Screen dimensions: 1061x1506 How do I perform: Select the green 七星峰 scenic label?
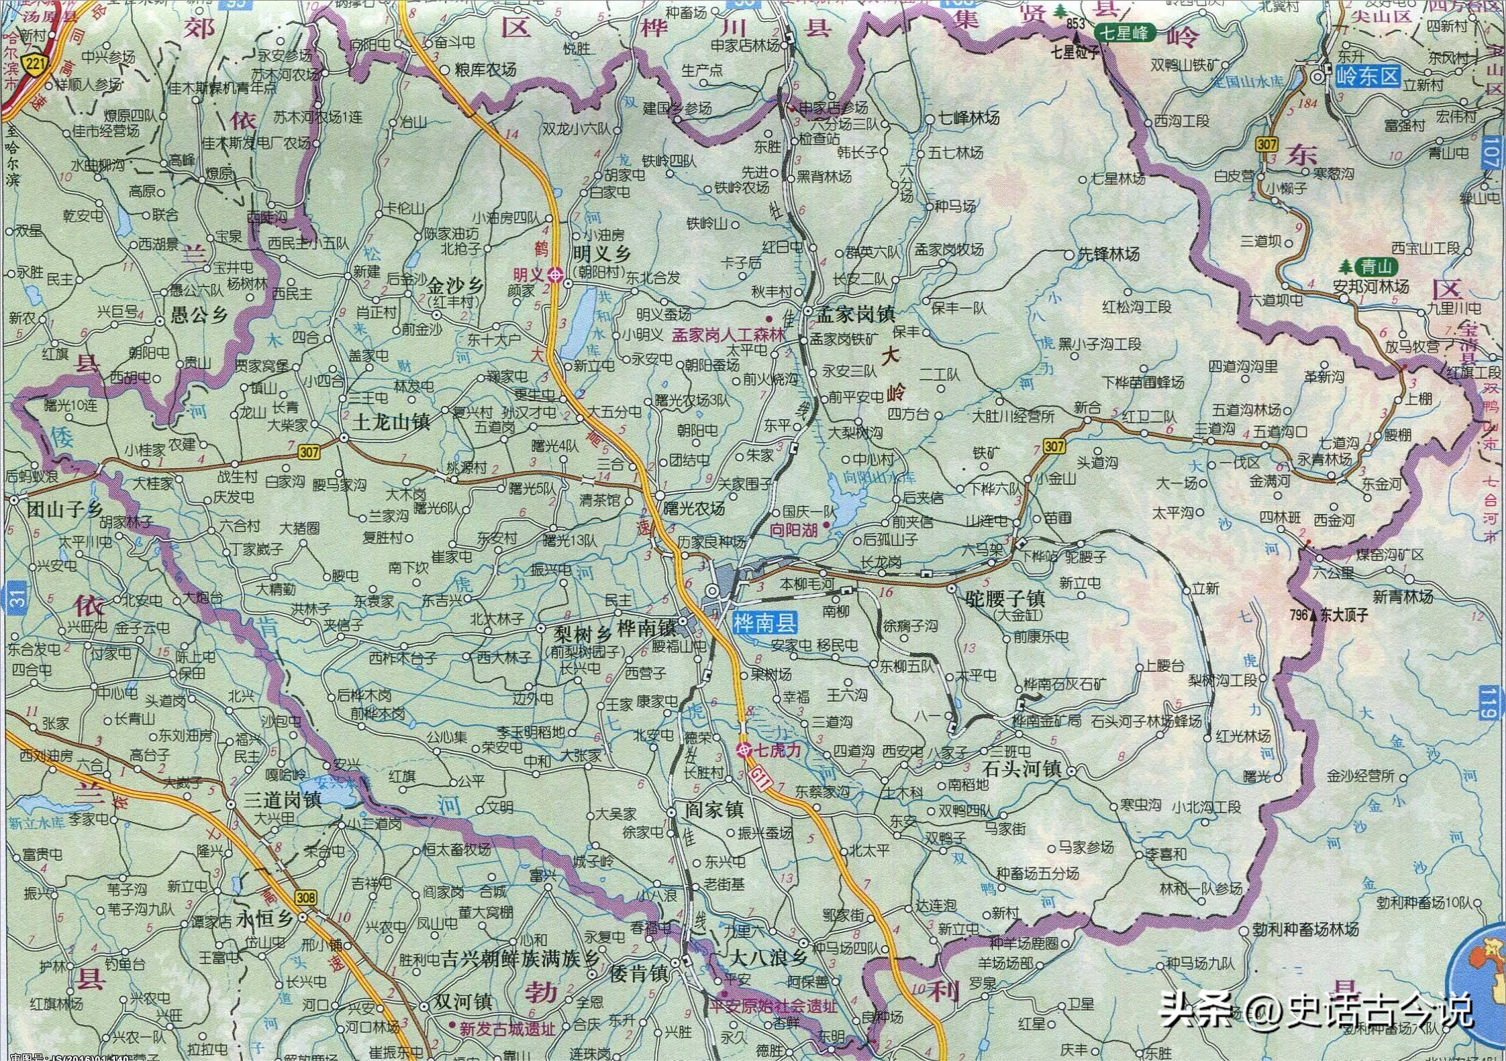[1125, 32]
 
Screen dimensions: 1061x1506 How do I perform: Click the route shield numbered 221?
[32, 65]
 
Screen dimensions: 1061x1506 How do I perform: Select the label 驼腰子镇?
[1004, 599]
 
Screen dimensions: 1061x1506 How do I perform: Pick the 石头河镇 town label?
[1021, 769]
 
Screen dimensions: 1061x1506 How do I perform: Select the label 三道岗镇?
[283, 800]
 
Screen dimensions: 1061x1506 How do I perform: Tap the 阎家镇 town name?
[714, 810]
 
